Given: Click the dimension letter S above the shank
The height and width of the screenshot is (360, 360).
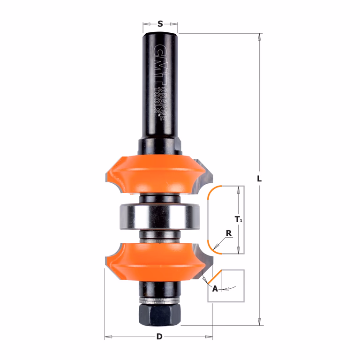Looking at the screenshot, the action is click(160, 24).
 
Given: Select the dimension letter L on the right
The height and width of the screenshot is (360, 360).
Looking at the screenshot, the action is click(259, 179).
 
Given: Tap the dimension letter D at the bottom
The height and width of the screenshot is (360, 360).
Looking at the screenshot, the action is click(159, 337).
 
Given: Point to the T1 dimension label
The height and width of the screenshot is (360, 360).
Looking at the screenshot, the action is click(239, 219).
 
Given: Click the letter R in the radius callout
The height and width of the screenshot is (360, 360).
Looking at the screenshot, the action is click(229, 233).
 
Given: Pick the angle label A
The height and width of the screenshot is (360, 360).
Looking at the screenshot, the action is click(215, 289).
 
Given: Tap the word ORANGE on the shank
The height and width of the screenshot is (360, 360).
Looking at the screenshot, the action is click(163, 104).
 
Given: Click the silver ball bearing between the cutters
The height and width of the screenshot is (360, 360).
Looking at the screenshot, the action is click(159, 217).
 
